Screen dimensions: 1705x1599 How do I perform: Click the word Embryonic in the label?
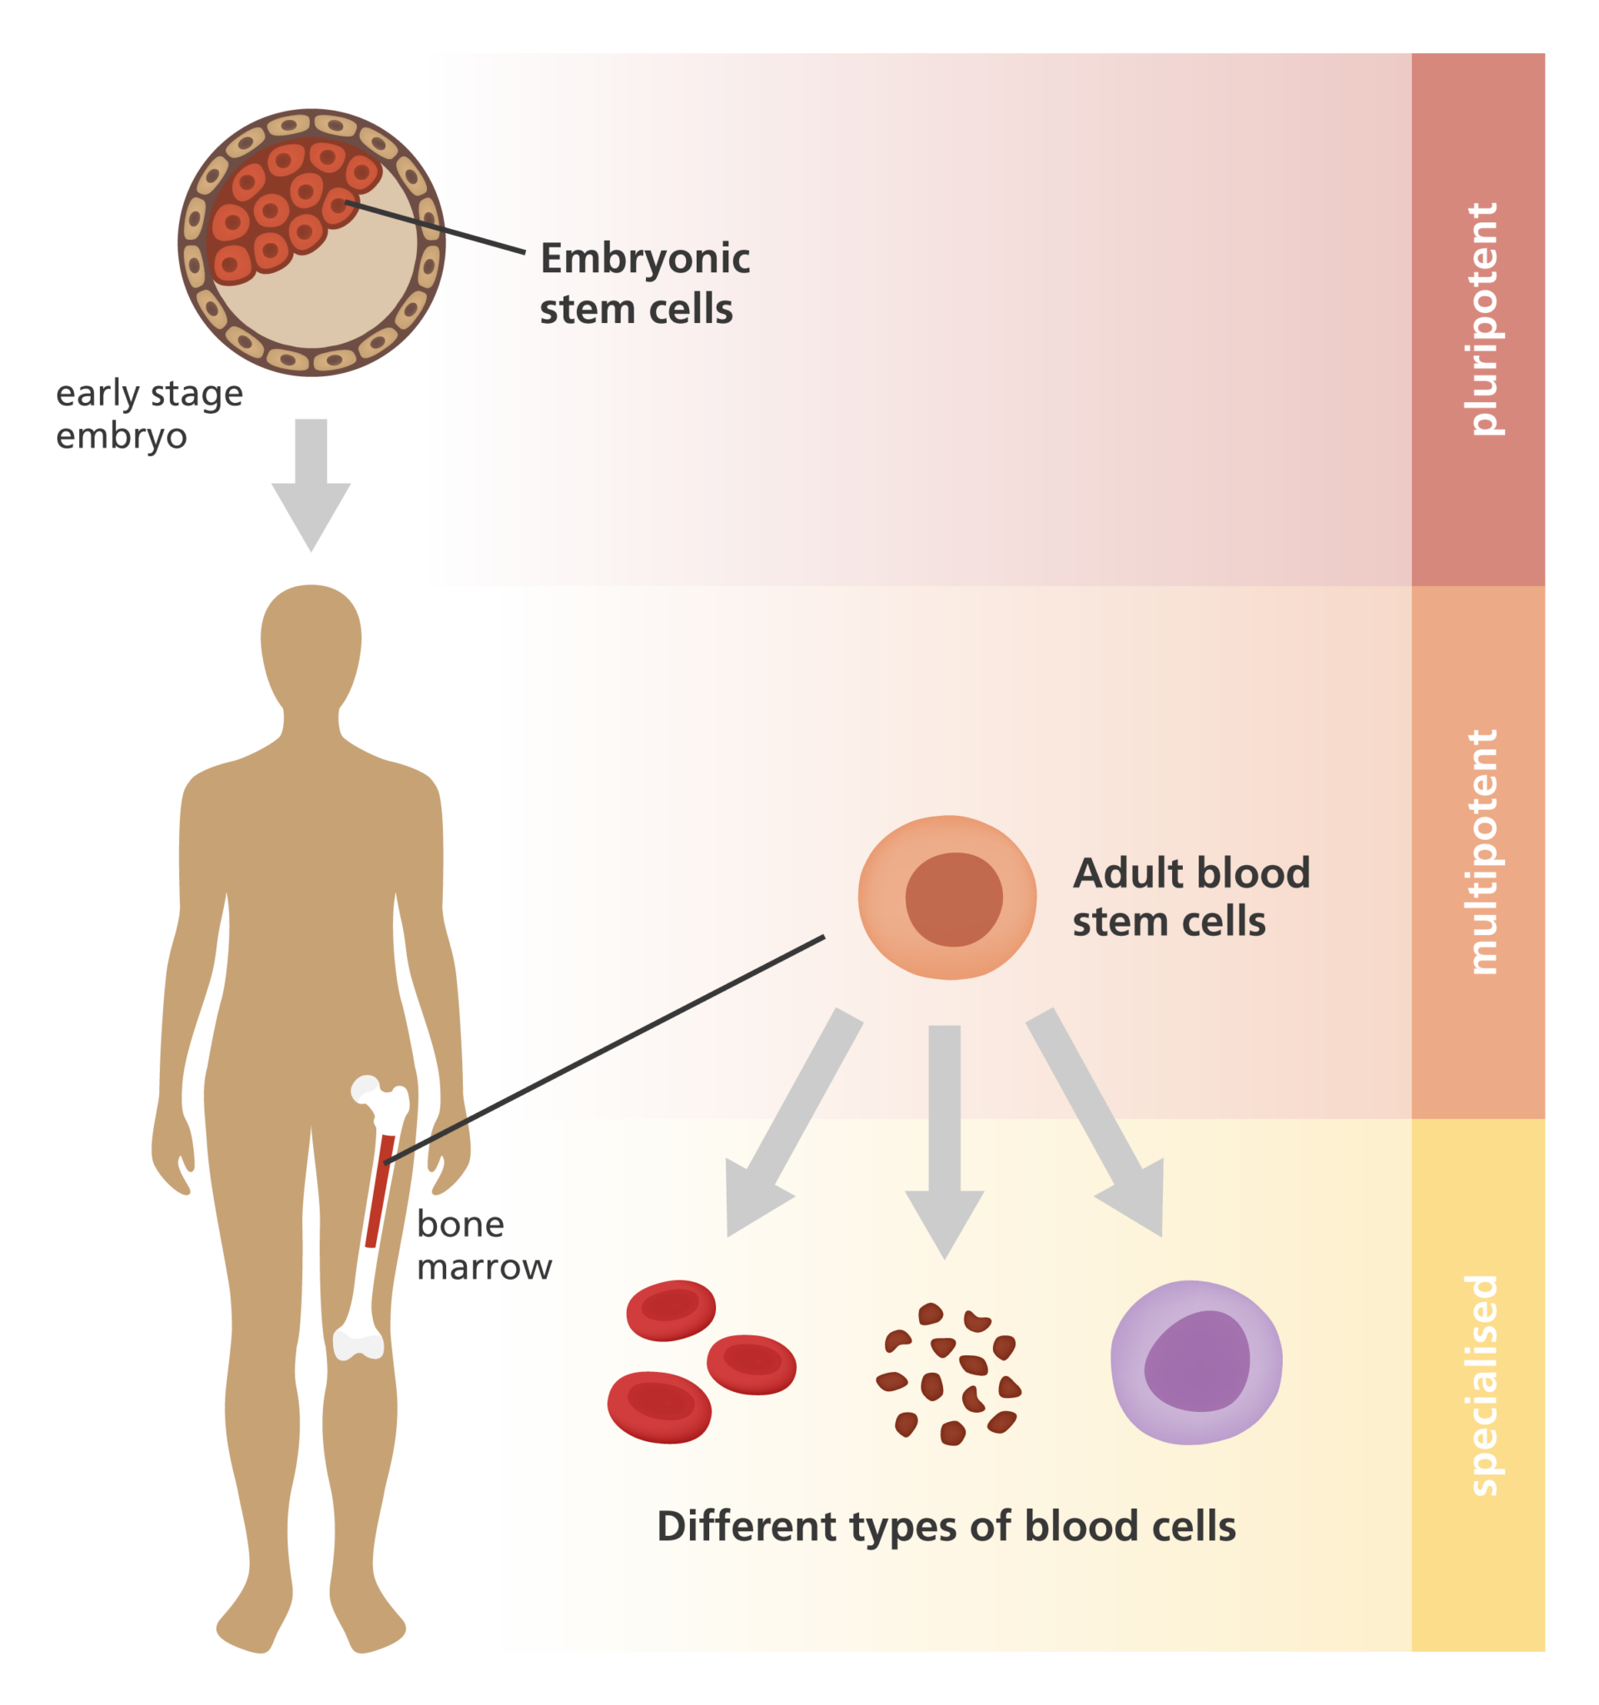[645, 259]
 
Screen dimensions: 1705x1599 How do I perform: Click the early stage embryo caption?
[148, 415]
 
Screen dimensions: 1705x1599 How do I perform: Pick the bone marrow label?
[483, 1245]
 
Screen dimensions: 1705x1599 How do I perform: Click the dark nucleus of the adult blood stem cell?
[953, 900]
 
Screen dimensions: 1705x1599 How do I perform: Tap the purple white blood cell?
[1195, 1363]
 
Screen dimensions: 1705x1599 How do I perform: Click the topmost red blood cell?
[670, 1310]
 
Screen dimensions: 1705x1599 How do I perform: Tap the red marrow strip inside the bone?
[380, 1191]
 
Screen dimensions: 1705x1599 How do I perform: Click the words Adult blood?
[1191, 874]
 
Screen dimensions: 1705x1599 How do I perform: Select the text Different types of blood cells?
[946, 1527]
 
